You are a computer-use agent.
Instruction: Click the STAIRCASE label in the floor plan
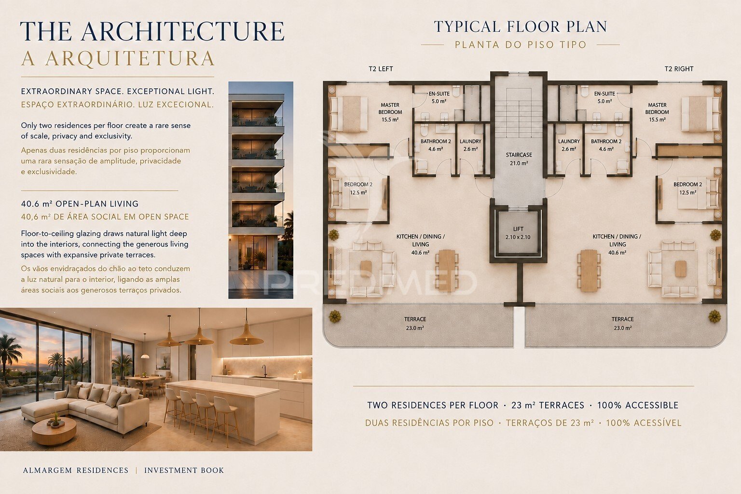pyautogui.click(x=519, y=155)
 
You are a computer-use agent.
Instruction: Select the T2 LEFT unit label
pyautogui.click(x=381, y=69)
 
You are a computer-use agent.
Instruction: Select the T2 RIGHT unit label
pyautogui.click(x=679, y=69)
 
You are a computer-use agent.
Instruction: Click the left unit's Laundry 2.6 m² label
pyautogui.click(x=470, y=145)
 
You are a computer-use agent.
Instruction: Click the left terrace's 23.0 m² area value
pyautogui.click(x=415, y=328)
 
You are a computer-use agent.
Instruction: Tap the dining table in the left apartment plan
pyautogui.click(x=447, y=271)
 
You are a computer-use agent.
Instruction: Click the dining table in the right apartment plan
pyautogui.click(x=589, y=271)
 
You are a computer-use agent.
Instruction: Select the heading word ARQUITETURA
pyautogui.click(x=130, y=58)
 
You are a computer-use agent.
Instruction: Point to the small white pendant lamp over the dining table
pyautogui.click(x=145, y=356)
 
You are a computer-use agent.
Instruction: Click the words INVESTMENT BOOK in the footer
pyautogui.click(x=184, y=470)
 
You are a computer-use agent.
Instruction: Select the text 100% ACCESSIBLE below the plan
pyautogui.click(x=638, y=405)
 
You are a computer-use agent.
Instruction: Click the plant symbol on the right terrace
pyautogui.click(x=714, y=316)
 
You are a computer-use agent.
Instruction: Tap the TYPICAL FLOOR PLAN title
pyautogui.click(x=521, y=27)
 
